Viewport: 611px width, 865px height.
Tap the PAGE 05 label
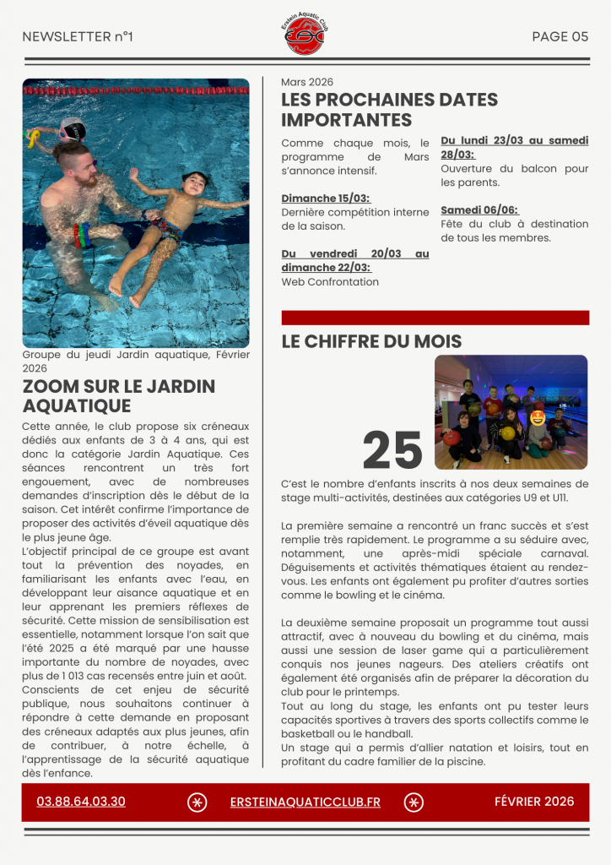[x=560, y=36]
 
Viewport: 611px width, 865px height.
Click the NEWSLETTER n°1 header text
[x=78, y=36]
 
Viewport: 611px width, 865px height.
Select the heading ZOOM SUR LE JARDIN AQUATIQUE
[x=118, y=395]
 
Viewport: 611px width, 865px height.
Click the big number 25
[x=392, y=450]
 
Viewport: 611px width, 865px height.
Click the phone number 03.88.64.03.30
[x=81, y=802]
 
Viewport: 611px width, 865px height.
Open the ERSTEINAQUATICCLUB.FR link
[x=305, y=802]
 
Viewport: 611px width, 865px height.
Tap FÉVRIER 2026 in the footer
[x=533, y=802]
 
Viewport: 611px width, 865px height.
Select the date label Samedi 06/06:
[x=479, y=209]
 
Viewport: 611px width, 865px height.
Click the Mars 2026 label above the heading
[x=307, y=82]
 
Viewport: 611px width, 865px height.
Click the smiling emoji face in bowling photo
[x=537, y=416]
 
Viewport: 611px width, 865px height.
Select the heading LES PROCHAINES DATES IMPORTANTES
[x=389, y=110]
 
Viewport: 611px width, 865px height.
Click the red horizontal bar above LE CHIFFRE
[x=435, y=318]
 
